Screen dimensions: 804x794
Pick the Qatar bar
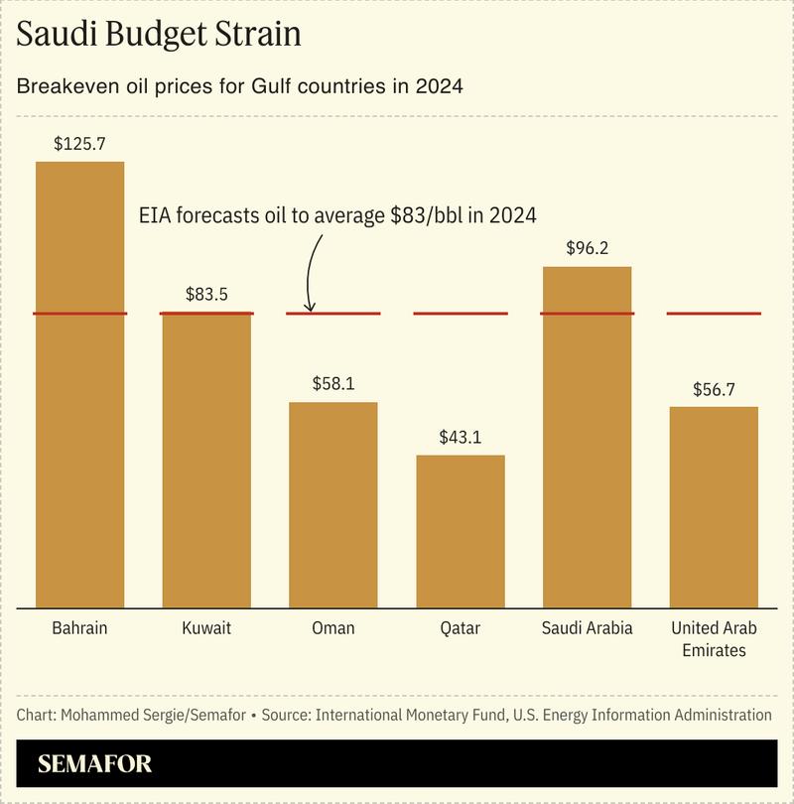(461, 531)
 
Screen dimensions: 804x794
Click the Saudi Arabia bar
(588, 437)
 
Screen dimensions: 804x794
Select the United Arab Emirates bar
(714, 507)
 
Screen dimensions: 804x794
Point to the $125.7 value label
(79, 143)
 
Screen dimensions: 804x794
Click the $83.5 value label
(206, 295)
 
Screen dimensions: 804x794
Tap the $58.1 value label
(333, 383)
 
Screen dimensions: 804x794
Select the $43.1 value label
(461, 437)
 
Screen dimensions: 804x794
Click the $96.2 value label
(588, 248)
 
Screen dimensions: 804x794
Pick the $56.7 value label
(714, 388)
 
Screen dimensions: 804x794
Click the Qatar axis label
(461, 628)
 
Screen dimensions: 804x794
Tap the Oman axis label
(333, 628)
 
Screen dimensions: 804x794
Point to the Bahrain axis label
(79, 628)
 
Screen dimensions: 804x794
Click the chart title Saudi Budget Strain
(159, 35)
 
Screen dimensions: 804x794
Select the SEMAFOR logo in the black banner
(95, 765)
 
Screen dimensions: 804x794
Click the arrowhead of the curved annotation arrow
(310, 309)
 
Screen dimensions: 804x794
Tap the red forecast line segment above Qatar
(461, 314)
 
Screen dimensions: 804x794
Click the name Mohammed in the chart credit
(99, 715)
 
